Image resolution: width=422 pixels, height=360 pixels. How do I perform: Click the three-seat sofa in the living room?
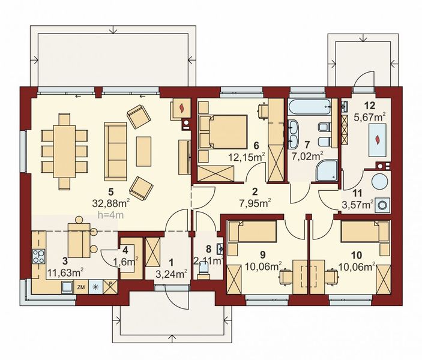[116, 151]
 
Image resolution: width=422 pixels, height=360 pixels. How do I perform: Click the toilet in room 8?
[204, 273]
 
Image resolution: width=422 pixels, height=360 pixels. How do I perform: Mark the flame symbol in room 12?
[376, 140]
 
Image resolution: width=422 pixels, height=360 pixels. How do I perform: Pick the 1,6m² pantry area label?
[128, 260]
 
